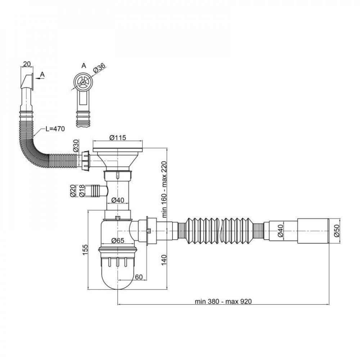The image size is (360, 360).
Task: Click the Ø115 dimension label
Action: coord(118,138)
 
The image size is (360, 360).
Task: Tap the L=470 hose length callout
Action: coord(55,129)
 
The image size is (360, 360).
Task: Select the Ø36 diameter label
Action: coord(99,68)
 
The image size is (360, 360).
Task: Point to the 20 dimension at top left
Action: coord(27,64)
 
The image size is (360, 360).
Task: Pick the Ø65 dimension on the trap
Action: coord(118,240)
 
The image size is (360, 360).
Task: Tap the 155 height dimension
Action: coord(85,249)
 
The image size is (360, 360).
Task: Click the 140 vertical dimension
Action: coord(164,260)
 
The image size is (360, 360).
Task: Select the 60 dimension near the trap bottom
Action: coord(139,277)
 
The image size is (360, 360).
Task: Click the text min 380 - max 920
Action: coord(223,301)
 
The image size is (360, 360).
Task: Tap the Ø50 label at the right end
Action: coord(337,231)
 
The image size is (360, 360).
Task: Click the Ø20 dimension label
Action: coord(73,191)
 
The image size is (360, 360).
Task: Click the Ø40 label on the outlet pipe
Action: coord(280,231)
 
